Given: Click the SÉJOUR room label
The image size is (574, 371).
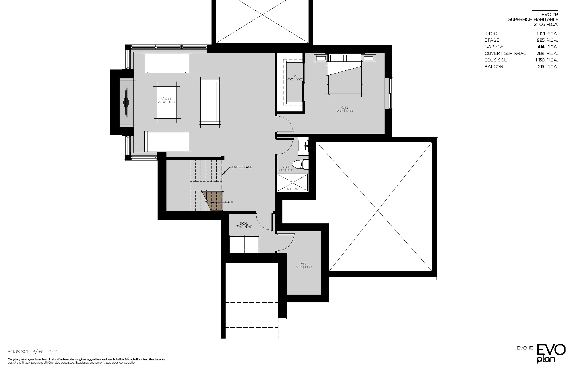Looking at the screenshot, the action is click(167, 99).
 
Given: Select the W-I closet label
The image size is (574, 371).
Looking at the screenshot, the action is click(295, 76).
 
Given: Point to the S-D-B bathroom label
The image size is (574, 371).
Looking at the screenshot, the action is click(286, 167).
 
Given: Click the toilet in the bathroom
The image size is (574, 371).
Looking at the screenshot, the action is click(302, 164).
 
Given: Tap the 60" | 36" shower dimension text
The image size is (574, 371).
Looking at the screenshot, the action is click(293, 189).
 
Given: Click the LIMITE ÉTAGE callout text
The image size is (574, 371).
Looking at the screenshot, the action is click(242, 167).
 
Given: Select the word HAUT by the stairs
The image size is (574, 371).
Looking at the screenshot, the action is click(229, 202).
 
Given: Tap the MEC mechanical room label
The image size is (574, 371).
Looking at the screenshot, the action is click(304, 264).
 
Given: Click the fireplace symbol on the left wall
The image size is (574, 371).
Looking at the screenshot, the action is click(126, 102).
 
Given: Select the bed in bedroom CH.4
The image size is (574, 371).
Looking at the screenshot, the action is click(344, 79).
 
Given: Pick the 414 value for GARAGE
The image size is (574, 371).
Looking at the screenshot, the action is click(541, 47).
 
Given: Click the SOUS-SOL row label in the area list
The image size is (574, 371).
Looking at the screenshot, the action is click(496, 60).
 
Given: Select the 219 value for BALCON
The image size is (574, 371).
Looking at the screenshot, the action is click(541, 67).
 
